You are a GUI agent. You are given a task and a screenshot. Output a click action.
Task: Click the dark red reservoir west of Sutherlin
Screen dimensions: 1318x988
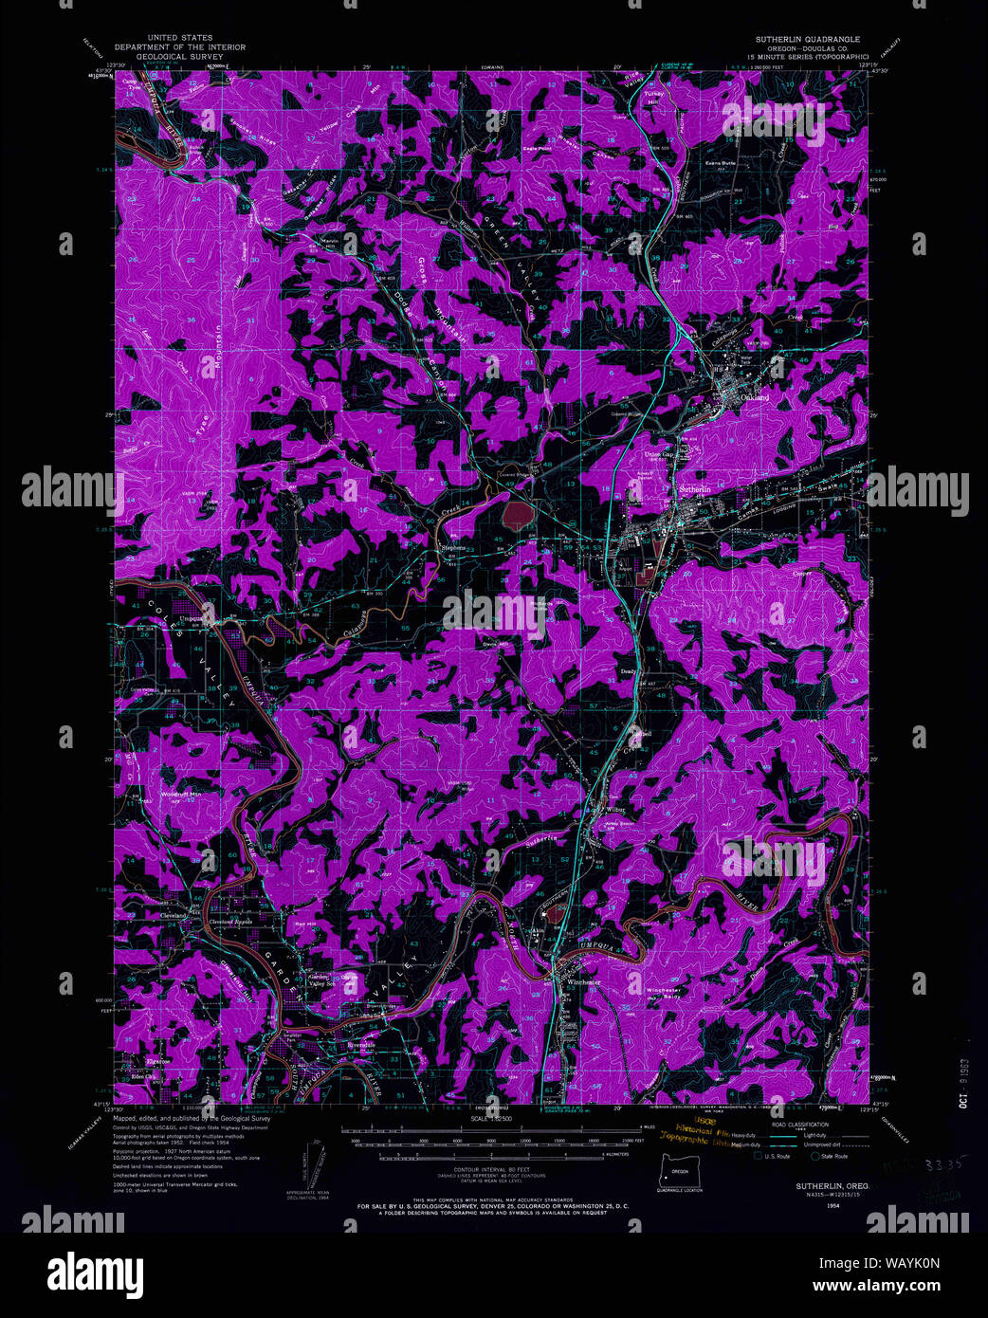pyautogui.click(x=517, y=516)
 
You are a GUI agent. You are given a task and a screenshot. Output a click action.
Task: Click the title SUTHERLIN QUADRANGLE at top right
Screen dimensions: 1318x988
pyautogui.click(x=807, y=39)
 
